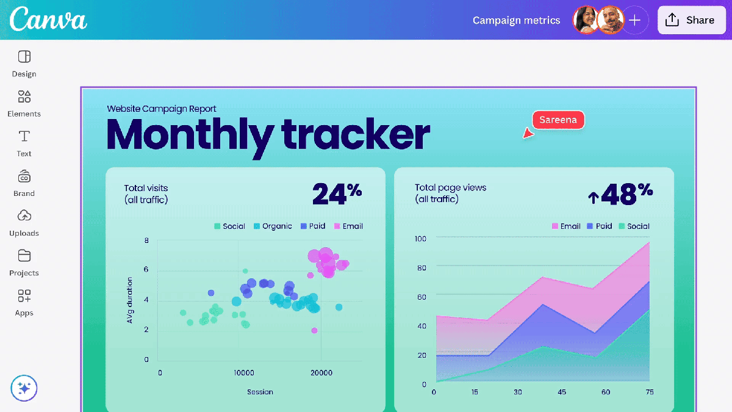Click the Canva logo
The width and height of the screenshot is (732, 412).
(49, 20)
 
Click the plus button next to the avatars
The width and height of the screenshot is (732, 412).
(634, 20)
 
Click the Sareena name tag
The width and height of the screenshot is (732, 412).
(558, 120)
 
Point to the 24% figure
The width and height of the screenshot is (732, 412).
(337, 194)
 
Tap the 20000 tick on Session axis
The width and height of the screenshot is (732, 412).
(321, 372)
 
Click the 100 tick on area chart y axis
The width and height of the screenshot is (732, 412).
(420, 238)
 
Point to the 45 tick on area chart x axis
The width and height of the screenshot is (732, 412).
(562, 392)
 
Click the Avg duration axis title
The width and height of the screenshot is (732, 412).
(129, 300)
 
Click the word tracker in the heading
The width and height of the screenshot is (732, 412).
(355, 134)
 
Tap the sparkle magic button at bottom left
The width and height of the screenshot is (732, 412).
(24, 388)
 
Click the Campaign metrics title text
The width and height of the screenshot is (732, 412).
(516, 20)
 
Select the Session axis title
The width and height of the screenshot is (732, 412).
(260, 392)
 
